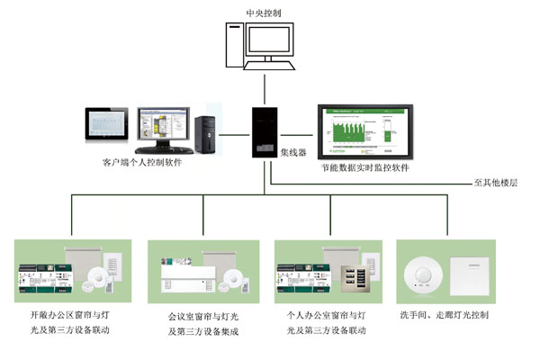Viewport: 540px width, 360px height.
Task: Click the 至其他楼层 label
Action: pyautogui.click(x=499, y=183)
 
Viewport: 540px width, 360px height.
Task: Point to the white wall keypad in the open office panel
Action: pyautogui.click(x=115, y=265)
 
